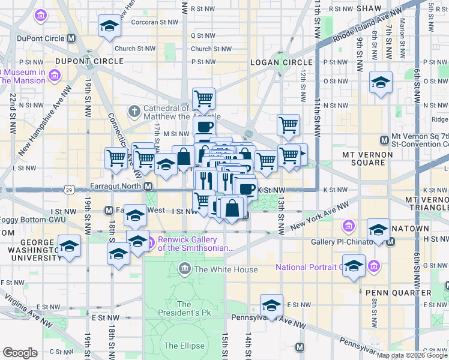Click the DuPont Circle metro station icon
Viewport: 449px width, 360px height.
tap(71, 38)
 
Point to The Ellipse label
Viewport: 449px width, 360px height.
tap(179, 346)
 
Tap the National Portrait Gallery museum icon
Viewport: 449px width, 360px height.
tap(374, 265)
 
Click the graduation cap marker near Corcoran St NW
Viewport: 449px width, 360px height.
tap(109, 26)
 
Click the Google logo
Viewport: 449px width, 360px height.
tap(20, 353)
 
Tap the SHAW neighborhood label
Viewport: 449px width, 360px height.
tap(369, 8)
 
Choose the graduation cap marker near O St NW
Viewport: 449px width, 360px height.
tap(380, 82)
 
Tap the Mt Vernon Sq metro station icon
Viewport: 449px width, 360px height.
tap(385, 140)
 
